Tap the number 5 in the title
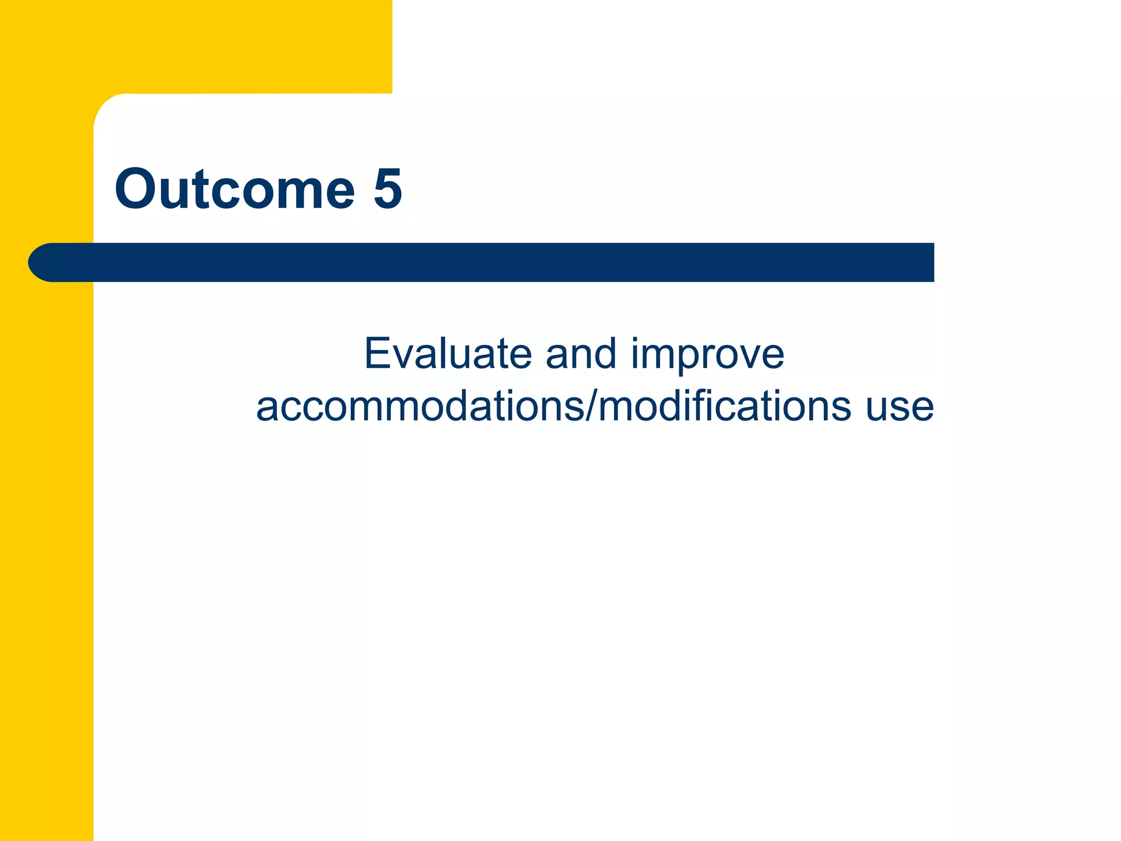pyautogui.click(x=388, y=189)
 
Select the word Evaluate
pyautogui.click(x=448, y=354)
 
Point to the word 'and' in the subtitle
pyautogui.click(x=581, y=354)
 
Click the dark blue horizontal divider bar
pyautogui.click(x=493, y=262)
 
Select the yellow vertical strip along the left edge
pyautogui.click(x=47, y=548)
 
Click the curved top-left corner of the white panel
pyautogui.click(x=107, y=107)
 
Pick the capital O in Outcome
pyautogui.click(x=136, y=189)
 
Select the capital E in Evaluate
pyautogui.click(x=378, y=354)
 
